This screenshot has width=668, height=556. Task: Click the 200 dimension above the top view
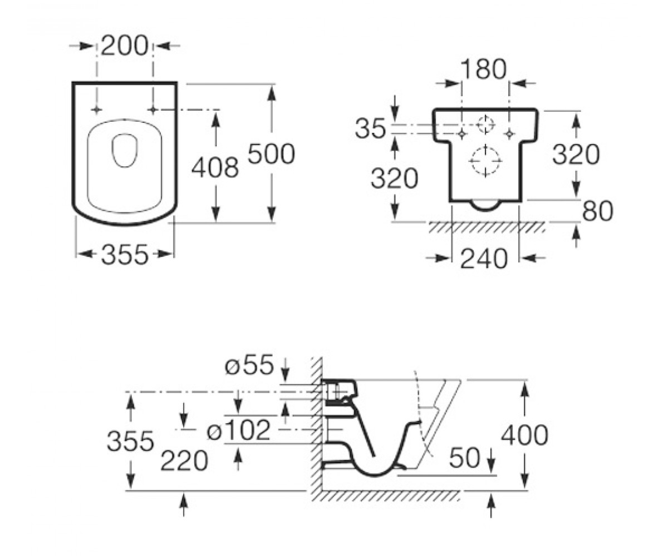pos(125,46)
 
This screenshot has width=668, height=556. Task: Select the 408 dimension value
pos(215,168)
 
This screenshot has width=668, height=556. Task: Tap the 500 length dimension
pos(271,154)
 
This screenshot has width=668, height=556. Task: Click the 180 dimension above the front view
pos(484,69)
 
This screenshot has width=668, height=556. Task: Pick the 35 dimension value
pos(371,129)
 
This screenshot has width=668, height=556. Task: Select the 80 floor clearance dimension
pos(597,211)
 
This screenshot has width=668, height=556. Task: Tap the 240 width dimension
pos(484,259)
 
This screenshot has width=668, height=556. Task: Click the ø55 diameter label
pos(249,364)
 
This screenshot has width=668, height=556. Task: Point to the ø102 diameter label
pos(239,430)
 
